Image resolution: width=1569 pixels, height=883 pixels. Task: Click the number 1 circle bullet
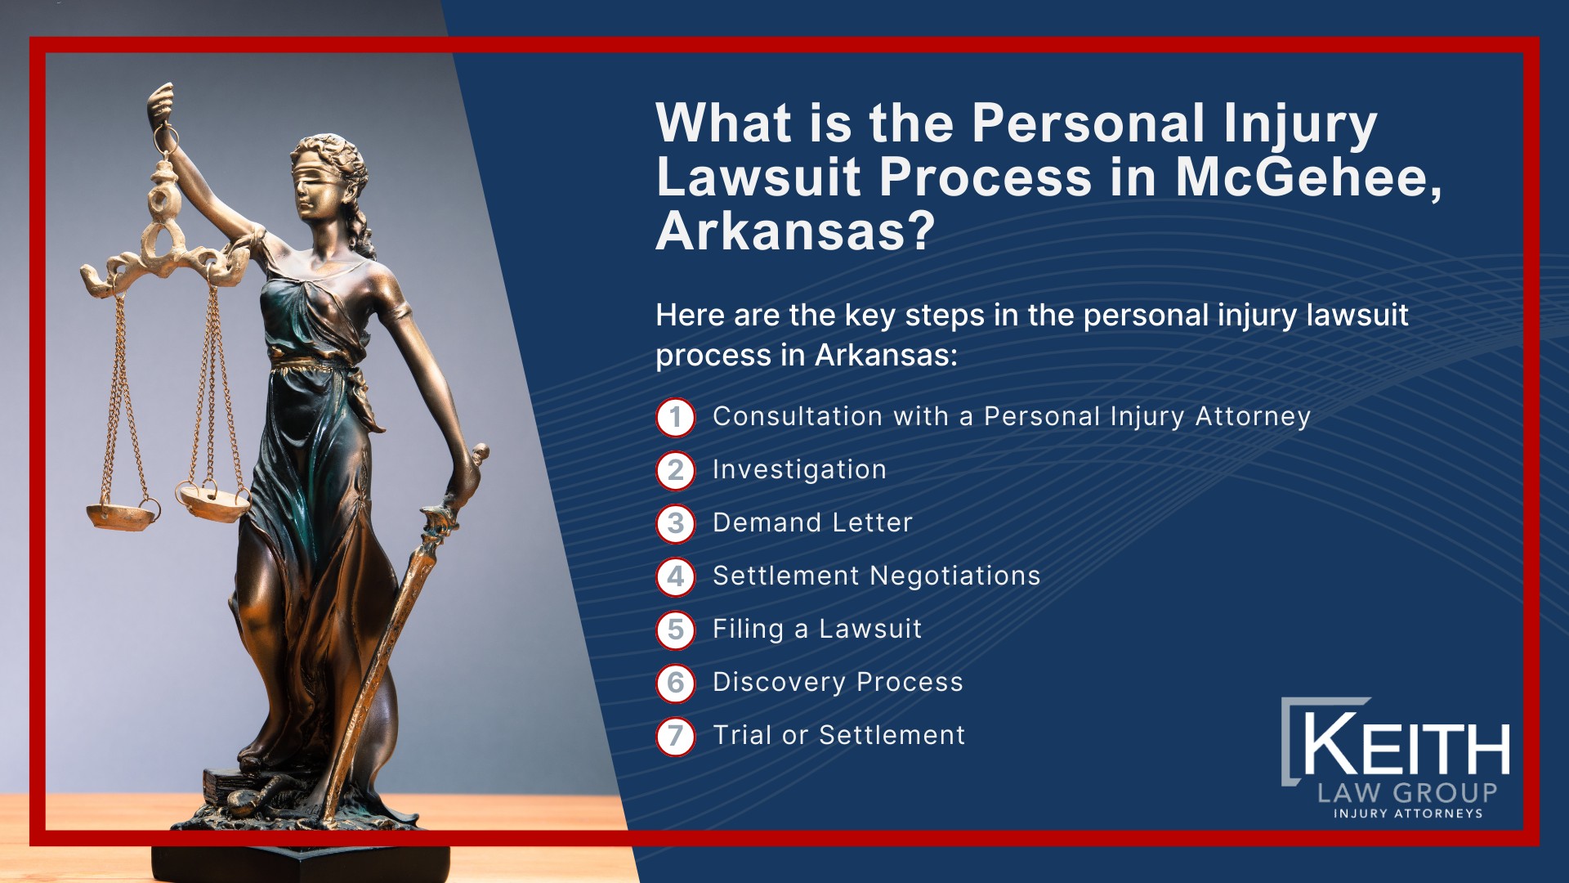click(675, 417)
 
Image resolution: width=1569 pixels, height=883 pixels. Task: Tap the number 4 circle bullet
click(675, 576)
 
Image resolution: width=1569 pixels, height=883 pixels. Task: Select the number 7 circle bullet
click(675, 736)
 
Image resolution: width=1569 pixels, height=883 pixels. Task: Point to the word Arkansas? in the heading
click(795, 231)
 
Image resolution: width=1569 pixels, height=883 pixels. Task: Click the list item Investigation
click(799, 470)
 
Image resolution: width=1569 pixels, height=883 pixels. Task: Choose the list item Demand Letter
click(812, 522)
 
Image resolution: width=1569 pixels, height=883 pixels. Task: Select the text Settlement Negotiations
click(876, 576)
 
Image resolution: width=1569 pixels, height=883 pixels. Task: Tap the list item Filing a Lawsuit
click(817, 629)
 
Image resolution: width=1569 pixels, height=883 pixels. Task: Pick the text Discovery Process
click(838, 683)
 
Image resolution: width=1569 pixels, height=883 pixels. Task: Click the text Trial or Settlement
click(838, 735)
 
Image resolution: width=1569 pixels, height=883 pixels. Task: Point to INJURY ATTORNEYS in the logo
click(1408, 814)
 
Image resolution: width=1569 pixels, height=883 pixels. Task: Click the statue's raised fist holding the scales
click(161, 103)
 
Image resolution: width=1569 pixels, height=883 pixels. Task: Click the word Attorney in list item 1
click(1253, 417)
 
